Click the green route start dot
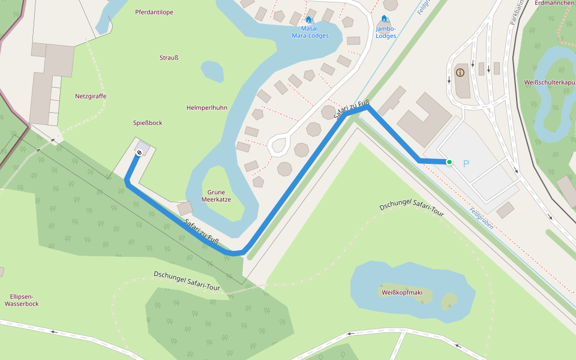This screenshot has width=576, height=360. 449,162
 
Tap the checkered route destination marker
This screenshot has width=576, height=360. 139,154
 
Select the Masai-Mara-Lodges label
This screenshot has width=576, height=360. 310,32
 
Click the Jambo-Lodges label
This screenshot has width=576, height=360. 386,32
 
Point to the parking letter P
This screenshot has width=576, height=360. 466,164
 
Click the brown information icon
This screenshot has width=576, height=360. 460,73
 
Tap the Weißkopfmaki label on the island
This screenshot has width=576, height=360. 401,293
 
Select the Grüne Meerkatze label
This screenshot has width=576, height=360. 217,196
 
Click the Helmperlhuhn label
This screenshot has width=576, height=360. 206,107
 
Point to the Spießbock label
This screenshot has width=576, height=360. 148,123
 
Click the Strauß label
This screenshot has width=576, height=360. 169,58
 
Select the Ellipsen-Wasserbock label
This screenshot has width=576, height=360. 22,300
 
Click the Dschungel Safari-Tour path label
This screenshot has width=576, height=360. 187,281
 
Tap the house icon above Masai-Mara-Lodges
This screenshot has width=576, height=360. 308,19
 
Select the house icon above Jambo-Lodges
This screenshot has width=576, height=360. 384,19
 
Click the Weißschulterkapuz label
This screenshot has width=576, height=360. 549,82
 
